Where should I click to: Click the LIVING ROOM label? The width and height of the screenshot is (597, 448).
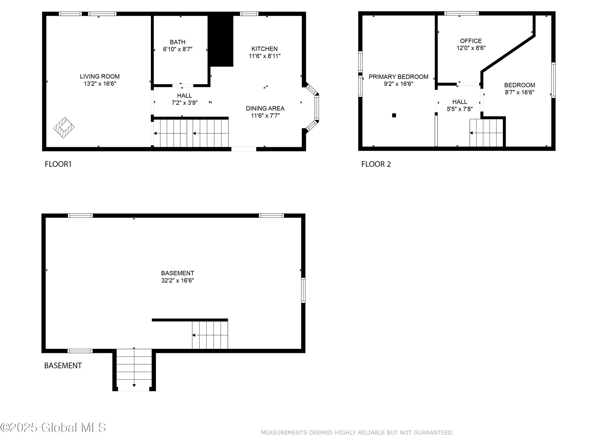(x=99, y=76)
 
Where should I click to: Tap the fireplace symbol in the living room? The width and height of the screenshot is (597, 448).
(x=64, y=127)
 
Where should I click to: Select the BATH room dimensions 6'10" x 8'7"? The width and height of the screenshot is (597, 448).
(x=178, y=49)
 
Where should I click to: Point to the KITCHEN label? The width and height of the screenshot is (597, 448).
(x=264, y=49)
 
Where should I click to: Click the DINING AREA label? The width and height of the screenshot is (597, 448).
(x=265, y=108)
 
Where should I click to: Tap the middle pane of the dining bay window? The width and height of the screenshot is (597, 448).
(x=317, y=108)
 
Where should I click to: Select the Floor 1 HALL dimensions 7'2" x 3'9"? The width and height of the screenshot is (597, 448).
(x=185, y=103)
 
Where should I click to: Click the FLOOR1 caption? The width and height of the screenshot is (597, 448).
(x=58, y=164)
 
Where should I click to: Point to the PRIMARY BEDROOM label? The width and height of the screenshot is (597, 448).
(x=398, y=77)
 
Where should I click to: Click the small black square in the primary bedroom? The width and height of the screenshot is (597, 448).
(x=394, y=115)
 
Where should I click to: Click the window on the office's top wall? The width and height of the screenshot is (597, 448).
(x=461, y=13)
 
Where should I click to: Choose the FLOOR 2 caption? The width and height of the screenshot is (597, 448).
(x=376, y=164)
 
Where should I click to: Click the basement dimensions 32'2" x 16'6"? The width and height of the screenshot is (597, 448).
(x=178, y=280)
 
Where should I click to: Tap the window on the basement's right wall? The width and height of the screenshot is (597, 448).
(x=303, y=290)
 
